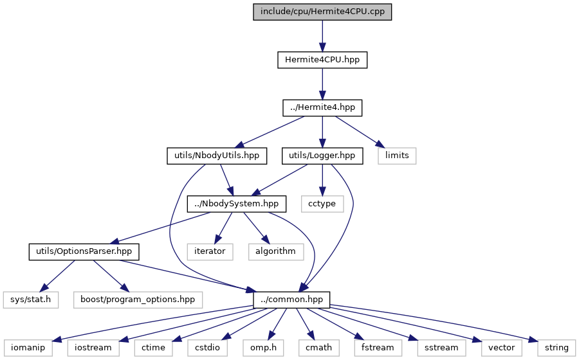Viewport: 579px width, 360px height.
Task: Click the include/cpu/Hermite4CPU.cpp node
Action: click(x=322, y=12)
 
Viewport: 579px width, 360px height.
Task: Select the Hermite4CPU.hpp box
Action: click(x=322, y=60)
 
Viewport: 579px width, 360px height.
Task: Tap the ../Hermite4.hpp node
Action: click(x=322, y=108)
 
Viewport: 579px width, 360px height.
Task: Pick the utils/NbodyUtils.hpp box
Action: click(x=217, y=156)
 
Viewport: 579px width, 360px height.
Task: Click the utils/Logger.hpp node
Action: click(x=322, y=156)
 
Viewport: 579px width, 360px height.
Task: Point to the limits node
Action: click(x=397, y=156)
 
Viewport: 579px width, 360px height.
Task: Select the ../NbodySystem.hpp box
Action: click(x=237, y=204)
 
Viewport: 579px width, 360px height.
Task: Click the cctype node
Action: click(x=322, y=204)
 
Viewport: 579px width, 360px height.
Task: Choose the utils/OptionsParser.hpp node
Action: click(x=84, y=251)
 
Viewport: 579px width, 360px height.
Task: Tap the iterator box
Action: click(x=210, y=251)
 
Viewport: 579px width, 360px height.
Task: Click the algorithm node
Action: click(x=276, y=251)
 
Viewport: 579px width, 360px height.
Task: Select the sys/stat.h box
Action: click(x=31, y=300)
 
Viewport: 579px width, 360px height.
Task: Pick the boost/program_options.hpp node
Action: click(x=138, y=300)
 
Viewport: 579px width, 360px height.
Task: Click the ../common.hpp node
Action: click(x=291, y=300)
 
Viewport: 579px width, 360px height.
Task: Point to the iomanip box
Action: click(x=28, y=348)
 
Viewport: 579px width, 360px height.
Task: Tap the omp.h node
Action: click(x=263, y=348)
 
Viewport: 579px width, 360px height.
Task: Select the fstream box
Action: click(x=378, y=348)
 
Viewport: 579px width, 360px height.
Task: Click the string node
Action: click(x=556, y=348)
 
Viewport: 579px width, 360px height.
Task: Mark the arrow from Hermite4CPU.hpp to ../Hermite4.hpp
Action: click(x=322, y=84)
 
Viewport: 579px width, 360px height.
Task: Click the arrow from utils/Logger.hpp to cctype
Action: click(x=322, y=180)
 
